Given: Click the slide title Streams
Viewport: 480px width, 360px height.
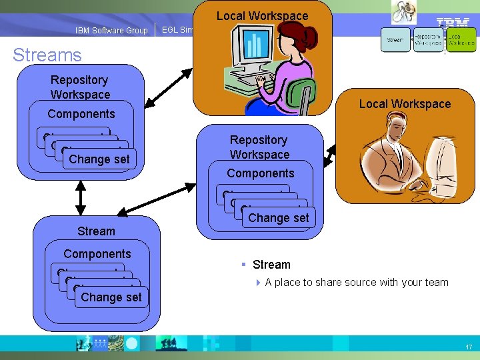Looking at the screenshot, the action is [x=47, y=55].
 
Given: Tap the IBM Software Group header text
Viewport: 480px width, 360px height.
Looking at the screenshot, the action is [x=112, y=31].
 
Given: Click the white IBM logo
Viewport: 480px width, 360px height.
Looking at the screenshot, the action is [x=453, y=24].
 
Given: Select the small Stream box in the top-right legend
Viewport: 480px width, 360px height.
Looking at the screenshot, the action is [x=395, y=40].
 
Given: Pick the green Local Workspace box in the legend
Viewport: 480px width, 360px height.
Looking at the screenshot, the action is [x=461, y=40].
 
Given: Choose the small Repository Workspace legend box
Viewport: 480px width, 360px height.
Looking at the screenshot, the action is [x=428, y=40].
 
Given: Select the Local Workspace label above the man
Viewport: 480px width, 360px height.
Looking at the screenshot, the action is [x=405, y=104].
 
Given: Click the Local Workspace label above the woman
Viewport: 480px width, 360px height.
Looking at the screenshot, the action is [x=262, y=15].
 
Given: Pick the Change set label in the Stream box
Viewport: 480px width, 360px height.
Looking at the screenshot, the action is [x=111, y=297].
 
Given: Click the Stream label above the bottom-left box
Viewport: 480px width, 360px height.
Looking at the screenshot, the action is [x=96, y=231].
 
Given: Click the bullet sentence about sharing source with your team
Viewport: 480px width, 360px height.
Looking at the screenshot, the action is [x=356, y=283].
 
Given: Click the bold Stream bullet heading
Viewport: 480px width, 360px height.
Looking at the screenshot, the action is [x=271, y=265].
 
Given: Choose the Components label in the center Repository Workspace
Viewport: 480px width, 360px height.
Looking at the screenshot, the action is [x=260, y=173].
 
